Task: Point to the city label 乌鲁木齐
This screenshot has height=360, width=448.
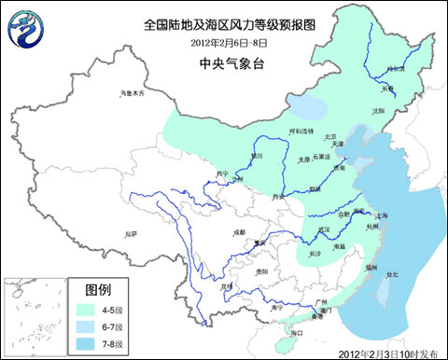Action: (x=134, y=92)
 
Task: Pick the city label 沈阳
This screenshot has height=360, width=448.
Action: (x=377, y=110)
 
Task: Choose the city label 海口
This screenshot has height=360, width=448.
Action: (x=298, y=333)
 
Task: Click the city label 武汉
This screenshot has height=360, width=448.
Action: (x=324, y=228)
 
